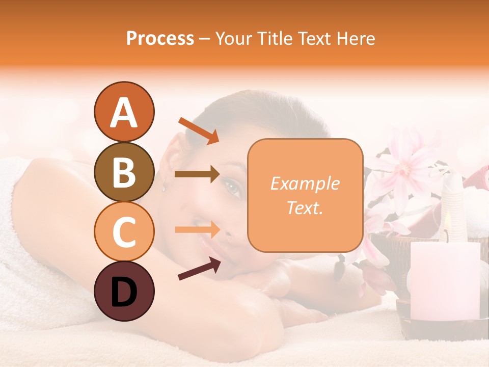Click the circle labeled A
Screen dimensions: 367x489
click(124, 112)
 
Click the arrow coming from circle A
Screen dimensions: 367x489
click(199, 130)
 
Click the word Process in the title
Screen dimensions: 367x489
click(160, 38)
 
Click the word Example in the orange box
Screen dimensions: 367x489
click(305, 183)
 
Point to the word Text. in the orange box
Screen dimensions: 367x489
click(305, 208)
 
